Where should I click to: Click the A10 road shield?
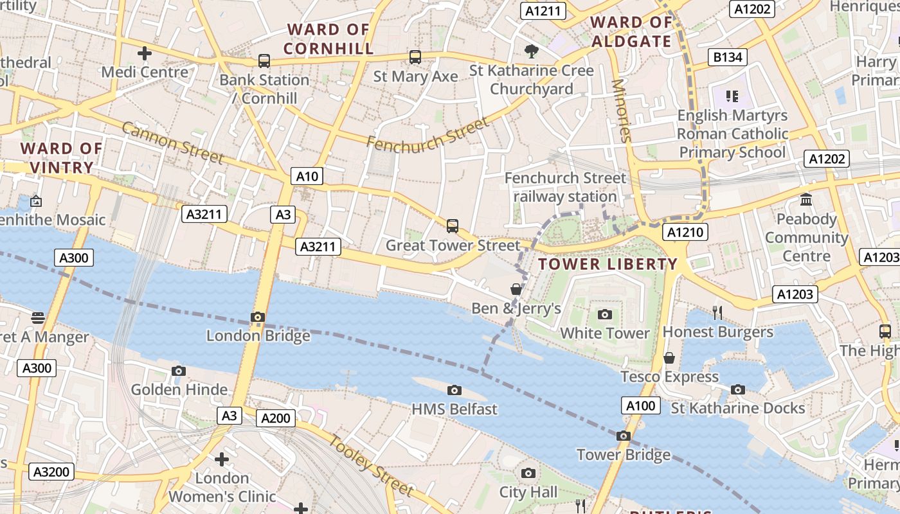click(x=307, y=176)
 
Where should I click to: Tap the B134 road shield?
click(x=728, y=57)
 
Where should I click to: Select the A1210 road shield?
click(x=687, y=232)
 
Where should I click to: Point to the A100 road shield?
click(x=641, y=405)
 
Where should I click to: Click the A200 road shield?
click(x=276, y=418)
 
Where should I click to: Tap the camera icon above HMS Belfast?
click(x=455, y=390)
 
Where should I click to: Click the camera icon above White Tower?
click(x=604, y=314)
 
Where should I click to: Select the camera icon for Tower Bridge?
click(x=623, y=436)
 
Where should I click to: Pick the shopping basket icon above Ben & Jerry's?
click(x=516, y=289)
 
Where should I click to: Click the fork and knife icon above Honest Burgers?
click(x=717, y=313)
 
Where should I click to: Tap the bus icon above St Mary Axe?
click(x=415, y=57)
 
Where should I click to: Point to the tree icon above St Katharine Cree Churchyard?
click(x=531, y=51)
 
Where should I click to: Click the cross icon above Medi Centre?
click(x=145, y=53)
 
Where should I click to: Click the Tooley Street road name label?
click(x=372, y=465)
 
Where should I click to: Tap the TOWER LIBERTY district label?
click(x=607, y=264)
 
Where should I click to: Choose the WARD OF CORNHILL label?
click(x=328, y=39)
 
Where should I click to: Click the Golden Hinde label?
click(x=179, y=389)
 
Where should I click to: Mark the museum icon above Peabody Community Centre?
click(x=806, y=200)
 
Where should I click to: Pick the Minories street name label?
click(x=622, y=111)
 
